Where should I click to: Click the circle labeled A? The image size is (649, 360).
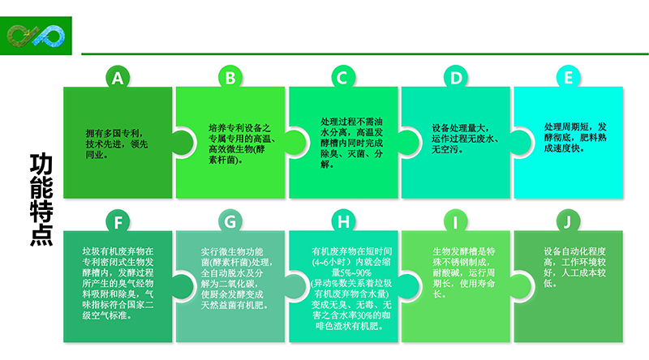118,78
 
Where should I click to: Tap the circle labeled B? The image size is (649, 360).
230,78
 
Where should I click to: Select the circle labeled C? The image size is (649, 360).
342,78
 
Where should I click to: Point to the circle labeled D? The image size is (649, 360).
456,78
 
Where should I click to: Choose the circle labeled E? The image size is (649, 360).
568,78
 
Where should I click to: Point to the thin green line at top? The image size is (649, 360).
365,54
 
